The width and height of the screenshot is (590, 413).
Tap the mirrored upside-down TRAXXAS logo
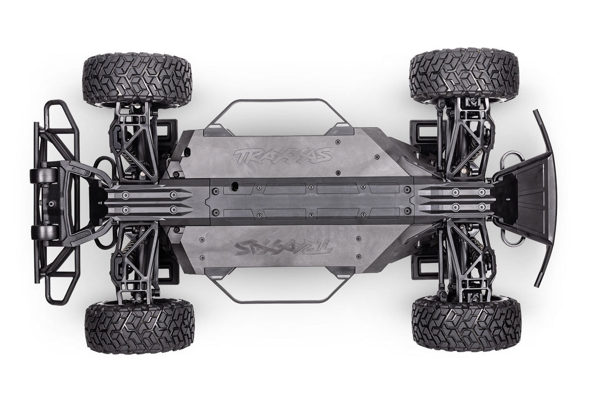283,247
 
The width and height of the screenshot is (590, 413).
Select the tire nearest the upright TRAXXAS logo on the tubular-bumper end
138,79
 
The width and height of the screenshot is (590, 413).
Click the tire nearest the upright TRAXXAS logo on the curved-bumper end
464,75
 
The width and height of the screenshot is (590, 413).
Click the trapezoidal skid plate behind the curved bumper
527,194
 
